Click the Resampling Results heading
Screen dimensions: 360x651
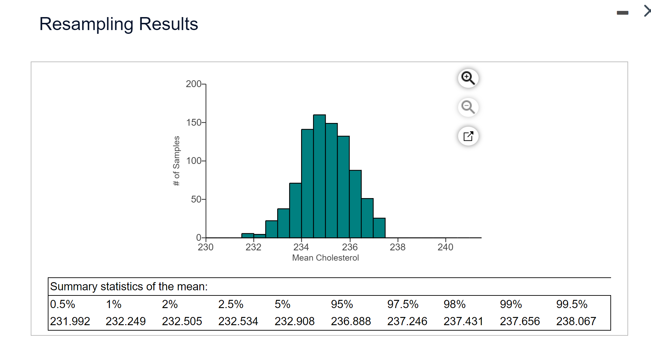[118, 24]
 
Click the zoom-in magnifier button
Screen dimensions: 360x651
[468, 78]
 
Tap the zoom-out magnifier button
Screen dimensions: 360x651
[468, 107]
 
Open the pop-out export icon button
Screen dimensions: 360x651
[468, 136]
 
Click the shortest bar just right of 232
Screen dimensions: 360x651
[260, 236]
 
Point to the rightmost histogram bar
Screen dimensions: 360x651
[379, 228]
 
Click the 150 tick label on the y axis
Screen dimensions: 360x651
[194, 123]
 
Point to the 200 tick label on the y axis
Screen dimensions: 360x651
[194, 84]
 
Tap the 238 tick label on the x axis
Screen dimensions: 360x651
[398, 247]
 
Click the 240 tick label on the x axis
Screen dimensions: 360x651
[445, 247]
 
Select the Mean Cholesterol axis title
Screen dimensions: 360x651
[325, 258]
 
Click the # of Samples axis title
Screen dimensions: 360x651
[176, 161]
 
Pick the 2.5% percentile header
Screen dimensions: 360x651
[231, 304]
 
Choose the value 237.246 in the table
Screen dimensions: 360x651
[407, 321]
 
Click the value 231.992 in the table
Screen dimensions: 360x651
[70, 321]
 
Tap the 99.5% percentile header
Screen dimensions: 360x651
[572, 304]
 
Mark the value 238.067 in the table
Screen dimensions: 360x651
[576, 321]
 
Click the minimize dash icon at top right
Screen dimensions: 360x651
[622, 13]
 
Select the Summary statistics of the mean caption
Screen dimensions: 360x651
[129, 287]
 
